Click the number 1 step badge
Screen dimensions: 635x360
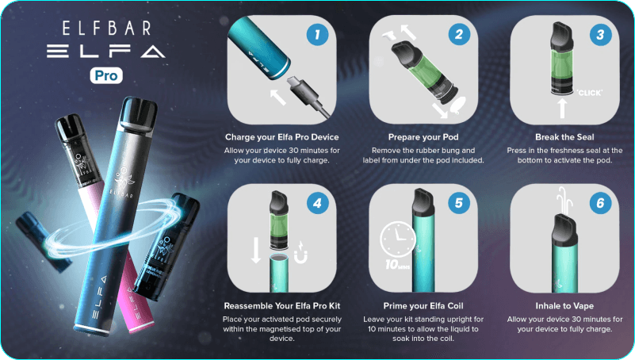pyautogui.click(x=317, y=34)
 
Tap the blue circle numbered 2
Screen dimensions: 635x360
pyautogui.click(x=459, y=34)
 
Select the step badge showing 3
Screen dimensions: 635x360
pyautogui.click(x=601, y=34)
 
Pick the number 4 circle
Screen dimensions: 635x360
pyautogui.click(x=317, y=203)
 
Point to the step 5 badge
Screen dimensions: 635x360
pyautogui.click(x=459, y=203)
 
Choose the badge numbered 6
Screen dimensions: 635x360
pyautogui.click(x=601, y=203)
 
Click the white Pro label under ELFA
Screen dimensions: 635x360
pyautogui.click(x=106, y=75)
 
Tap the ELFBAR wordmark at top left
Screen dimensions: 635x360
pyautogui.click(x=107, y=29)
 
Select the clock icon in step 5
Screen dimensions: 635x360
pyautogui.click(x=398, y=239)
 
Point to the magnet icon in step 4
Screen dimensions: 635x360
pyautogui.click(x=300, y=253)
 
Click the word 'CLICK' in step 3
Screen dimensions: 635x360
pyautogui.click(x=590, y=93)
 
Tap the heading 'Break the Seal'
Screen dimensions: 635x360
pyautogui.click(x=564, y=137)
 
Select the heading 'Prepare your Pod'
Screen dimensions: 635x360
pyautogui.click(x=423, y=137)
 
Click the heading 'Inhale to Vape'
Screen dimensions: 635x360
pyautogui.click(x=564, y=306)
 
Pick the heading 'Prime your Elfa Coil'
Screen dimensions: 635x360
pyautogui.click(x=423, y=306)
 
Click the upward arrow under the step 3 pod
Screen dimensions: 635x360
pyautogui.click(x=563, y=108)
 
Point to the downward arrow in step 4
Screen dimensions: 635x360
pyautogui.click(x=256, y=251)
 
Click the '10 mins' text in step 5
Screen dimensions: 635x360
pyautogui.click(x=397, y=265)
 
